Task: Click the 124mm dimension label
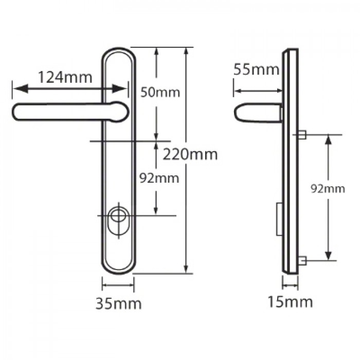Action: point(65,78)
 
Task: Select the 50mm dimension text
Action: point(160,93)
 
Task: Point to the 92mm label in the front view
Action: point(160,178)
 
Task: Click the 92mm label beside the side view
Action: point(328,189)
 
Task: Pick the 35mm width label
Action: point(118,303)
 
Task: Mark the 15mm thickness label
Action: point(290,301)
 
